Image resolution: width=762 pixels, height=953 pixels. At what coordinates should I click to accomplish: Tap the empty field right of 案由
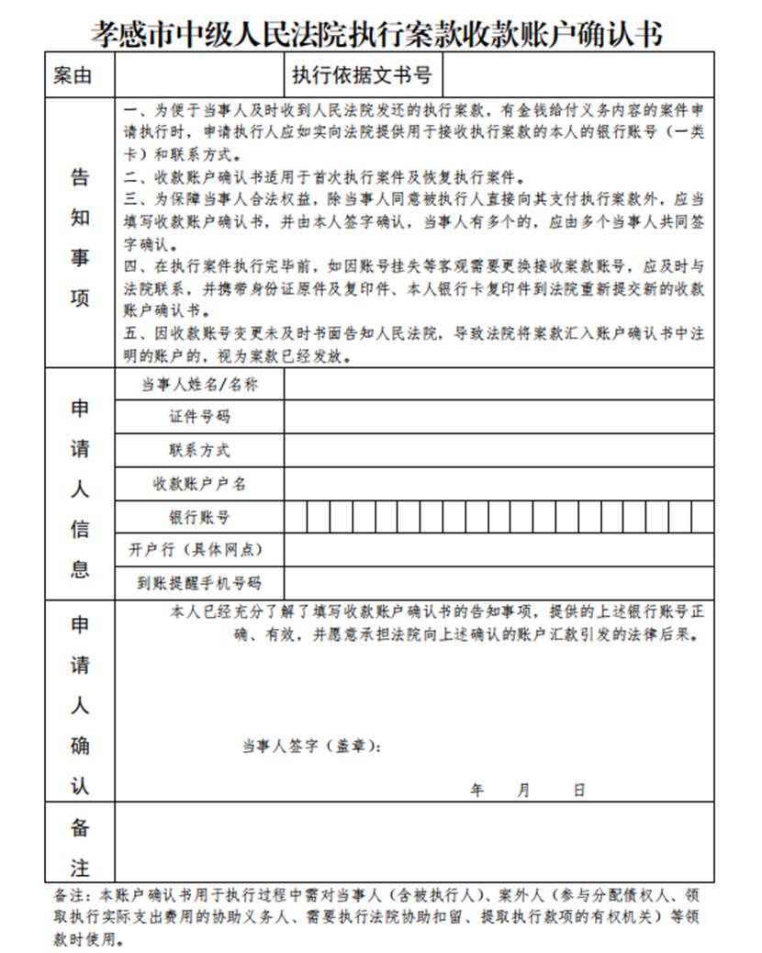[x=199, y=75]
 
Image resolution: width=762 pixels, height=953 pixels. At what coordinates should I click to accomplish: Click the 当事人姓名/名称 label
[x=199, y=385]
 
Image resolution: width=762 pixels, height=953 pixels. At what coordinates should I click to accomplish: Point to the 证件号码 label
[x=199, y=417]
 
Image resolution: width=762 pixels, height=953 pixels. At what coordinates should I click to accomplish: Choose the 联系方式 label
[x=199, y=450]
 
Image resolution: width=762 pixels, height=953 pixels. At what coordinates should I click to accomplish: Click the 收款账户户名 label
[x=199, y=483]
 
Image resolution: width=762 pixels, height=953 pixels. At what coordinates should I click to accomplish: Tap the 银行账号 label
[x=199, y=517]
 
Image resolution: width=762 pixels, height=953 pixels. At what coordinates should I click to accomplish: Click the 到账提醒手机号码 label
[x=199, y=582]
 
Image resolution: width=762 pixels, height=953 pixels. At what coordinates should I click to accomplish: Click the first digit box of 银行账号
[x=296, y=517]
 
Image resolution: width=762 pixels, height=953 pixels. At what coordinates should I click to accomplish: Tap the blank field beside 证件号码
[x=499, y=417]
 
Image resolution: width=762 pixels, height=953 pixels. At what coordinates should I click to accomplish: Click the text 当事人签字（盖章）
[x=311, y=746]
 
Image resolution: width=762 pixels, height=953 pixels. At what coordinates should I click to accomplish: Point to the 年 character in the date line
[x=476, y=790]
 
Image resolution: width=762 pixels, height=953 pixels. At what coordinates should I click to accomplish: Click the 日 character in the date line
[x=578, y=790]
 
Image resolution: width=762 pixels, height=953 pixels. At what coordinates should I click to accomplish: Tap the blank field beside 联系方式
[x=499, y=450]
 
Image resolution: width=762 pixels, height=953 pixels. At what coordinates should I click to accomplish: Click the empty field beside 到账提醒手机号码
[x=499, y=582]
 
